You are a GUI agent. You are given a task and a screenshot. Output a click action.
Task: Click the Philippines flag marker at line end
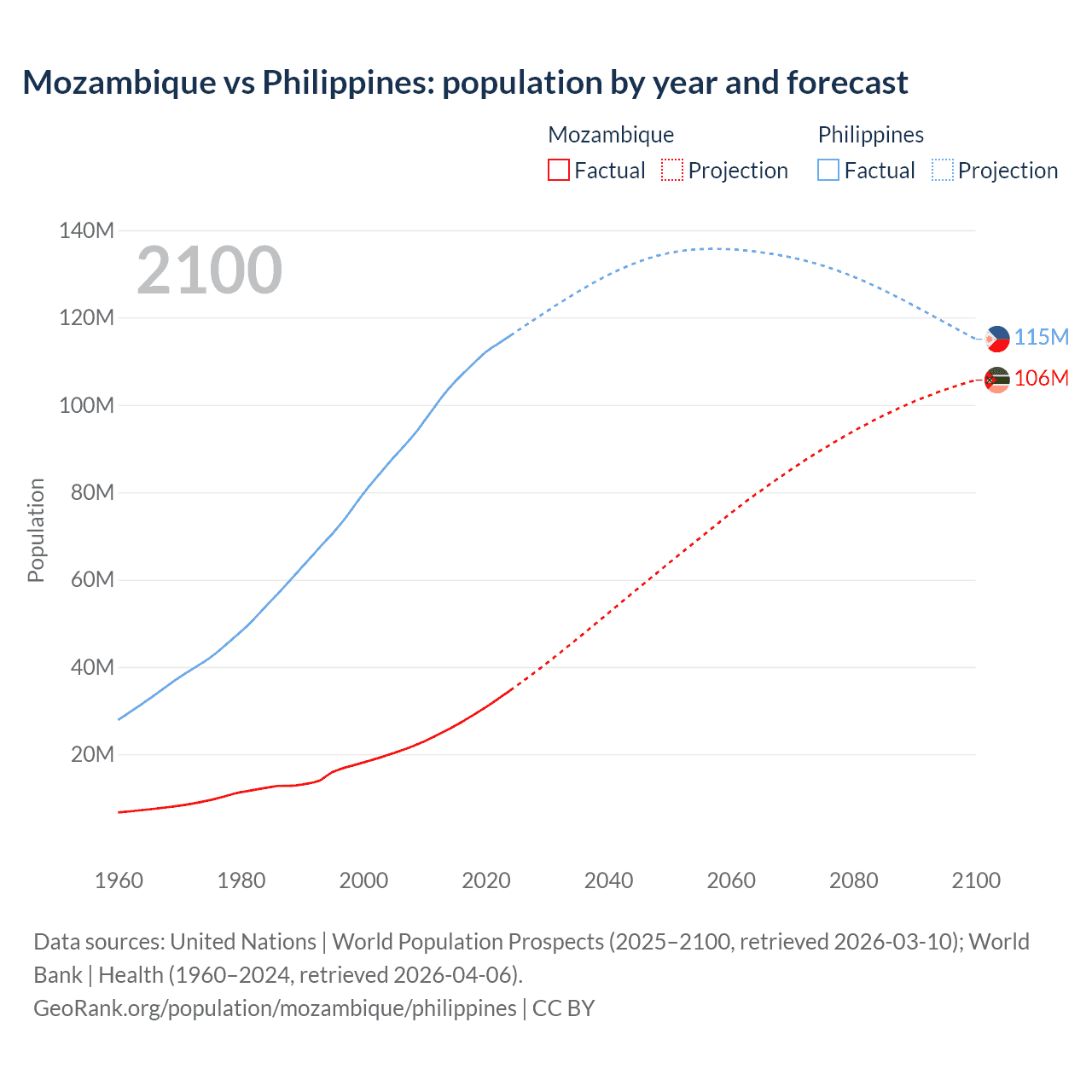click(x=996, y=339)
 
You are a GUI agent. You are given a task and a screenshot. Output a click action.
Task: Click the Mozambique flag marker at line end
click(x=996, y=380)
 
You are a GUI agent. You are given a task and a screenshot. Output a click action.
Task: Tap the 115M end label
click(x=1042, y=337)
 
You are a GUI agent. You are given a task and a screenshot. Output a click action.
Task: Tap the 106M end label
click(x=1042, y=378)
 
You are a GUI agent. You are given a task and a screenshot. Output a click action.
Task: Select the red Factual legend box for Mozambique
click(x=558, y=171)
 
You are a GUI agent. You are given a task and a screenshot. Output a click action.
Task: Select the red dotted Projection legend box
click(x=672, y=171)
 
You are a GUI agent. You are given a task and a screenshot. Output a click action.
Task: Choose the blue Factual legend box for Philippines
click(x=828, y=171)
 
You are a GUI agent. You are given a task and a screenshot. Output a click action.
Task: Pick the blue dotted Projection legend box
click(x=943, y=171)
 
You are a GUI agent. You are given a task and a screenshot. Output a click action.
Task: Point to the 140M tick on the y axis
click(x=86, y=230)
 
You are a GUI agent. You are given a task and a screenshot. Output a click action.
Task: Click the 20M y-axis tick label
click(x=92, y=754)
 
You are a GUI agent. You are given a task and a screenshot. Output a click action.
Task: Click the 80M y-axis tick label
click(x=91, y=492)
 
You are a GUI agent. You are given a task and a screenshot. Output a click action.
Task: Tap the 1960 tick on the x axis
click(x=119, y=880)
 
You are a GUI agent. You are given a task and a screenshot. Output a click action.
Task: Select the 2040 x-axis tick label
click(x=608, y=880)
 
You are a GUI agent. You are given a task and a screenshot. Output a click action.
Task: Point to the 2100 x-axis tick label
click(x=976, y=880)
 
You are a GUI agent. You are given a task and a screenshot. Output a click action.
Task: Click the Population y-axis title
click(x=36, y=530)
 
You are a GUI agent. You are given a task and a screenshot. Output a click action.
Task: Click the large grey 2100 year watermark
click(x=209, y=270)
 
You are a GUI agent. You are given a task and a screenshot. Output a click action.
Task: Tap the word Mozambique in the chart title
click(x=119, y=83)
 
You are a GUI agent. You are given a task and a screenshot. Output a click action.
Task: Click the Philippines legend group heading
click(x=870, y=135)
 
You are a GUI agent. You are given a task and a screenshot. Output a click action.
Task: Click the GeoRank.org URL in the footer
click(x=275, y=1008)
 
